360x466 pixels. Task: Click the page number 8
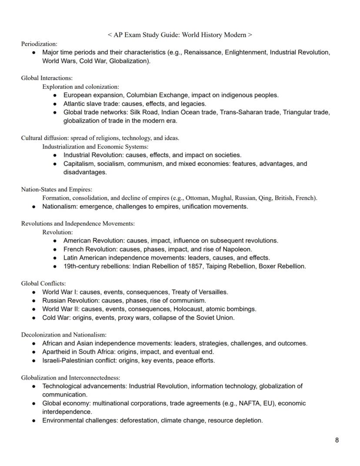[x=337, y=440]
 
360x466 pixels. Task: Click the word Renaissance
[x=203, y=52]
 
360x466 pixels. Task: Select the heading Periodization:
[x=39, y=44]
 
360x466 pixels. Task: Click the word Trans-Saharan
[x=240, y=112]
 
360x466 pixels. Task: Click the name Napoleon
[x=237, y=249]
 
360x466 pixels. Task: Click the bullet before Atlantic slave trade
[x=55, y=104]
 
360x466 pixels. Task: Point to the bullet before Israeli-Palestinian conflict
[x=34, y=360]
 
